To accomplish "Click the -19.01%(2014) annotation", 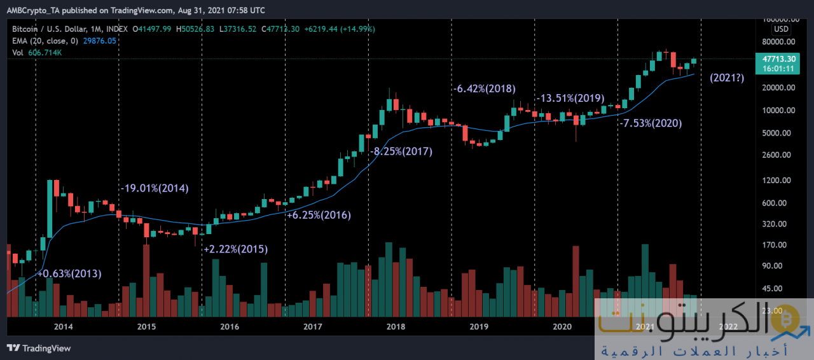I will click(155, 188).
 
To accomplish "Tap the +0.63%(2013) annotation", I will click(69, 273).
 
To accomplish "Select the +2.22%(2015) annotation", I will click(235, 249).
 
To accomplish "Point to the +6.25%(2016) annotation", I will click(319, 215).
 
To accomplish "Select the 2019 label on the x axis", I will click(478, 327).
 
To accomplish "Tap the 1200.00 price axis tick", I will click(777, 180).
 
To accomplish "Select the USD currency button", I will click(781, 29).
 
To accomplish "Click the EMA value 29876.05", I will click(100, 40).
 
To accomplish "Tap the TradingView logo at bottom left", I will click(39, 348).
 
